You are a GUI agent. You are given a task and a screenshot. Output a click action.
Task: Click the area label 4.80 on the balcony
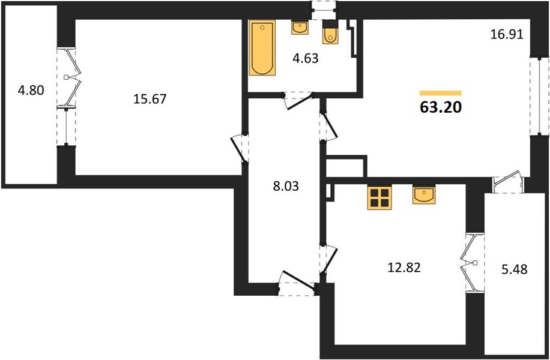point(31,91)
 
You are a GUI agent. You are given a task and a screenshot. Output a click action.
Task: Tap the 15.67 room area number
point(150,99)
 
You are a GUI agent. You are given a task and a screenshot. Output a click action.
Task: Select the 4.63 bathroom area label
point(306,58)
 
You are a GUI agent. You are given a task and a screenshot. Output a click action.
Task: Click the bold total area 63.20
point(440,107)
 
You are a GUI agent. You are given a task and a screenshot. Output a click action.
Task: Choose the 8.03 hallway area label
point(286,186)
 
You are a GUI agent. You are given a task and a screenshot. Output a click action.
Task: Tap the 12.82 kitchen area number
point(403,268)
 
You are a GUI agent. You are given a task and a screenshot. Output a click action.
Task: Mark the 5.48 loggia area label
point(515,269)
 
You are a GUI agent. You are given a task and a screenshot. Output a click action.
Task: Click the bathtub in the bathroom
point(262,47)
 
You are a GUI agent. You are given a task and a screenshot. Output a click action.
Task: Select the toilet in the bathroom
point(330,32)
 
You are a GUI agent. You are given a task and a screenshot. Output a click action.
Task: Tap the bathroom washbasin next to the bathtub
point(300,28)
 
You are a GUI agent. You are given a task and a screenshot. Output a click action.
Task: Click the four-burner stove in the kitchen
point(379,197)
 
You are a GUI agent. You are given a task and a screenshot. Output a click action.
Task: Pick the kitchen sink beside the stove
point(424,194)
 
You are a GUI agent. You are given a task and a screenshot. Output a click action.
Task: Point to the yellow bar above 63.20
point(441,93)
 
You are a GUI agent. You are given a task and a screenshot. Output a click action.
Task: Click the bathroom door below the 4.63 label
point(298,101)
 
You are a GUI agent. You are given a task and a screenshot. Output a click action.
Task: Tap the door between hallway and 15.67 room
point(240,148)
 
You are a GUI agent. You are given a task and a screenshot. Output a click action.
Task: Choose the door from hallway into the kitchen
point(328,259)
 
